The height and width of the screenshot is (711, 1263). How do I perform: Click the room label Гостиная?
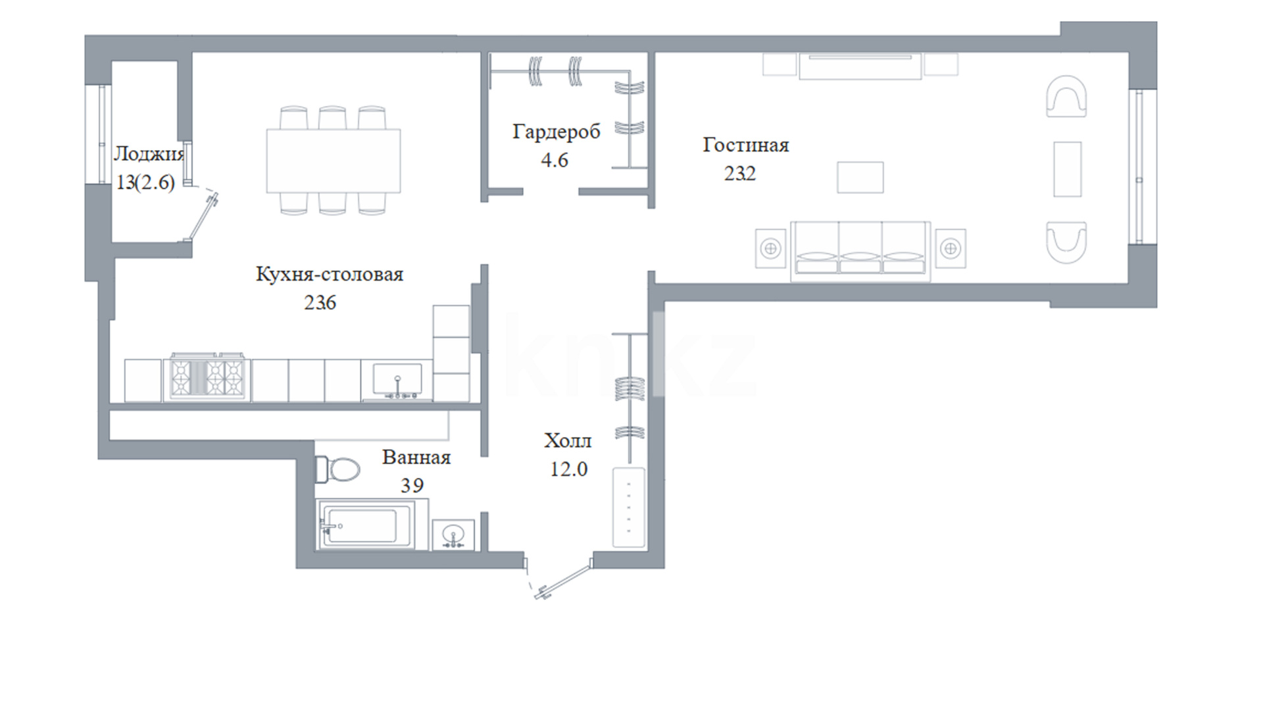point(745,145)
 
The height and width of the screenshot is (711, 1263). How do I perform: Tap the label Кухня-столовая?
point(330,274)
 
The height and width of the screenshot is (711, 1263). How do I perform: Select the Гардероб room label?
point(557,132)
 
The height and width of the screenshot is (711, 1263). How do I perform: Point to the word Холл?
point(568,440)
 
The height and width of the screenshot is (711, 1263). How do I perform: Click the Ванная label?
point(416,457)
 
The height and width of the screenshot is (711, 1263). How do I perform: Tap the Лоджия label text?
point(149,155)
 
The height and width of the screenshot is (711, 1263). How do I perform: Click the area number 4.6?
point(555,160)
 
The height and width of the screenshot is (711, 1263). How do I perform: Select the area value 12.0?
point(569,469)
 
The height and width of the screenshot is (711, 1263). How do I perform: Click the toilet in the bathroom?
point(337,469)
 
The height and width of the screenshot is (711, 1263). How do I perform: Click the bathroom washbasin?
point(453,535)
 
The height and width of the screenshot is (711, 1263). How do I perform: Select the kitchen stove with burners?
point(208,377)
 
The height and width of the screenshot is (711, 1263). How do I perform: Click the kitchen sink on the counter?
point(397,381)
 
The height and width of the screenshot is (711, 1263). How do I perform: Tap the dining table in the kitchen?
point(334,161)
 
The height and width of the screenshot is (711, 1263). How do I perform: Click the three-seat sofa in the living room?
point(860,251)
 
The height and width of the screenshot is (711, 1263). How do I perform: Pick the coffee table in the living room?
point(860,178)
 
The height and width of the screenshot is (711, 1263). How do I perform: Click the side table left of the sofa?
point(770,248)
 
